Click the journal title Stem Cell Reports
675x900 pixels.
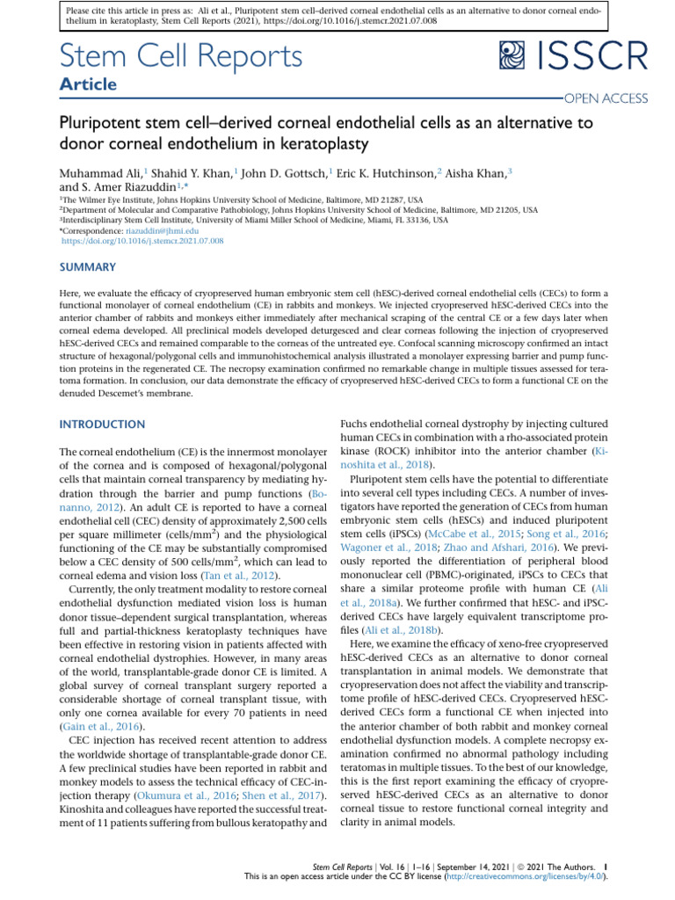[x=181, y=56]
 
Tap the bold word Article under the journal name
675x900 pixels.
[x=89, y=85]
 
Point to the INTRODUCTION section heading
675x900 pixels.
[x=102, y=425]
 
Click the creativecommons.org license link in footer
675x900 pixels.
[x=531, y=877]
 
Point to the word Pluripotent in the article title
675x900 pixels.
[x=98, y=124]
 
